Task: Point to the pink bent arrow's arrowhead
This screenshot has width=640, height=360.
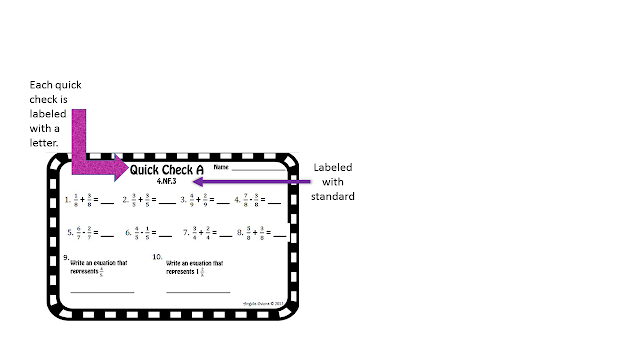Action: [x=120, y=164]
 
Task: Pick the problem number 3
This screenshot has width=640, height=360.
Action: [x=181, y=201]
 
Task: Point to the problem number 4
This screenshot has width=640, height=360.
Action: [x=236, y=201]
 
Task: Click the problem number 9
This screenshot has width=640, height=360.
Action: [x=65, y=256]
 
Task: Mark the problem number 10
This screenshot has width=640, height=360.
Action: [x=157, y=256]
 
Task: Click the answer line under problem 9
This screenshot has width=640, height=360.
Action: [x=101, y=292]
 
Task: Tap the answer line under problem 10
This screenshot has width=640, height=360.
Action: [x=197, y=292]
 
